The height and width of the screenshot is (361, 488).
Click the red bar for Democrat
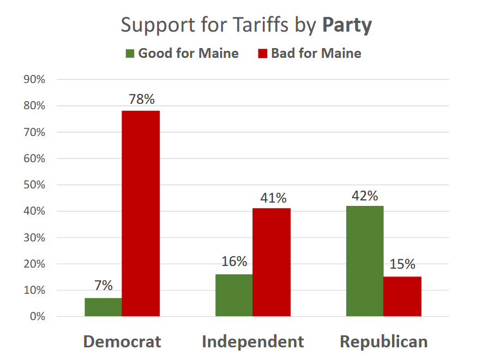pos(141,213)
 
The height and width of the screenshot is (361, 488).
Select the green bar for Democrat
pos(103,307)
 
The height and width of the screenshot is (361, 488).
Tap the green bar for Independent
pos(234,295)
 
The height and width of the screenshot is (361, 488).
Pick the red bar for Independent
pos(272,262)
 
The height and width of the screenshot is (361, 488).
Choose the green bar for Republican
pos(365,261)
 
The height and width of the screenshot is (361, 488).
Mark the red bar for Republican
pos(402,297)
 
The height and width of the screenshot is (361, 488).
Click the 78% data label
pos(142,99)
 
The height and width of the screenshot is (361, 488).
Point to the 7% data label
pos(103,286)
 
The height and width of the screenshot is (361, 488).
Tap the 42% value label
pos(365,196)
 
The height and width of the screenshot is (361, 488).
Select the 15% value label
pos(402,264)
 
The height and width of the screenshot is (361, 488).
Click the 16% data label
pos(234,261)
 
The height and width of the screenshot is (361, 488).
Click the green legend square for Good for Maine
pos(130,54)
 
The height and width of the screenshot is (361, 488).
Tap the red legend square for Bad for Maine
pos(263,54)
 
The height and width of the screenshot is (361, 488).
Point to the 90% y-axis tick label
pos(34,79)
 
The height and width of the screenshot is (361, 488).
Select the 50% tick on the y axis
pos(34,185)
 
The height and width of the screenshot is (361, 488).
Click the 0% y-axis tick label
pos(37,317)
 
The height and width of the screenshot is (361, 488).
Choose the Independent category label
pos(253,342)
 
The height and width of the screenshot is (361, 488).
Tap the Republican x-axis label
pos(384,342)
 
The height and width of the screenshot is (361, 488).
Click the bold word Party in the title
pos(347,25)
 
